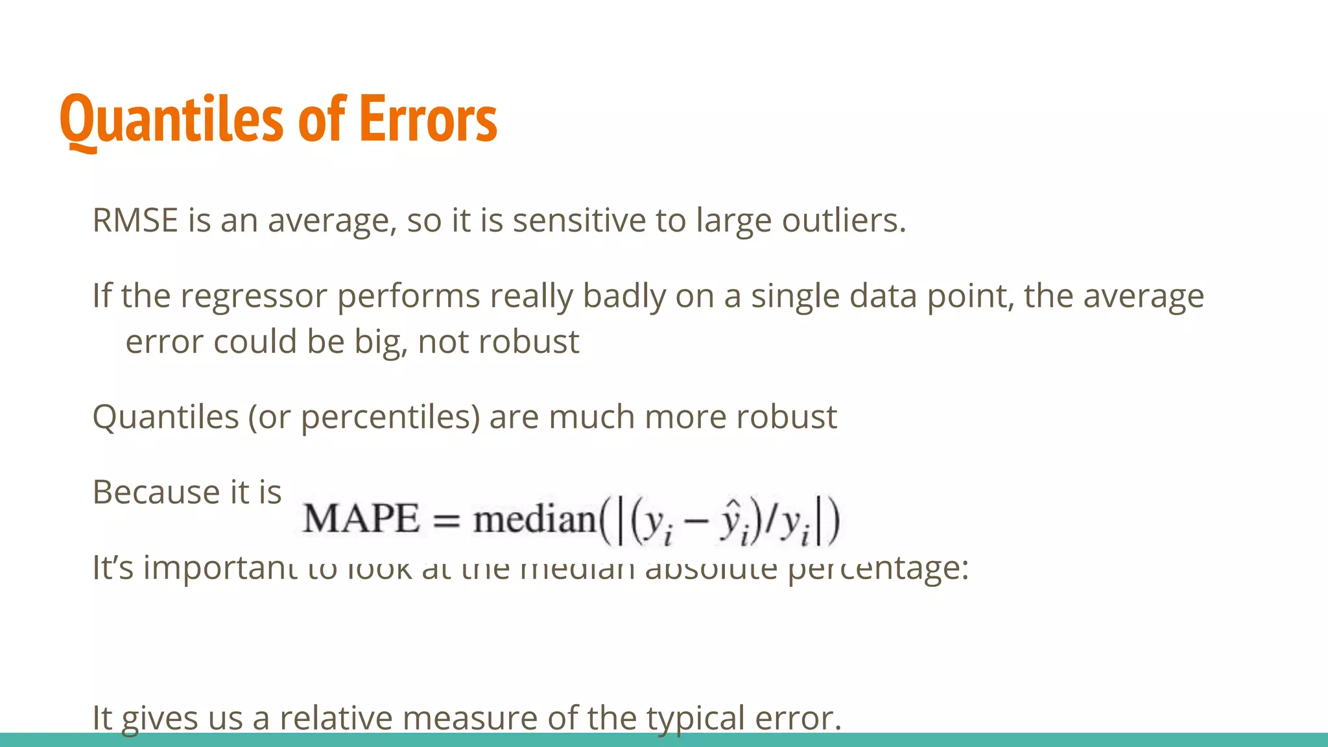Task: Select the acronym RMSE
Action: coord(135,220)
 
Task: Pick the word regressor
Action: coord(254,296)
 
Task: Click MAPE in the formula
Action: coord(361,519)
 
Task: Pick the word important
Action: coord(220,568)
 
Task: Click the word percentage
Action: coord(878,568)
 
